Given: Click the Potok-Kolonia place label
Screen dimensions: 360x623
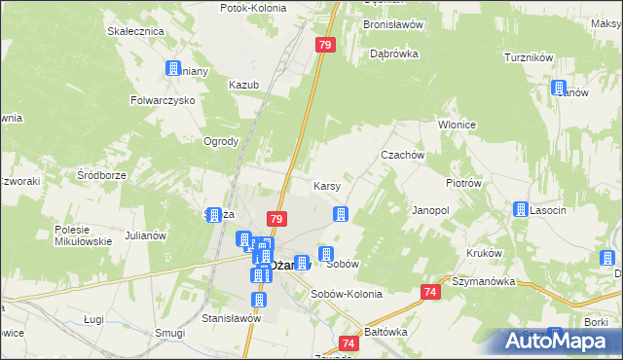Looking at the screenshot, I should click(x=252, y=7).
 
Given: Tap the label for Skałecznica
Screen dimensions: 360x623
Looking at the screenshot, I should click(x=134, y=31).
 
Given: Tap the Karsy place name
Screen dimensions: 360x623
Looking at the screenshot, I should click(x=325, y=185).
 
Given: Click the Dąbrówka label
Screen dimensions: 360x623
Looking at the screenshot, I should click(x=394, y=54).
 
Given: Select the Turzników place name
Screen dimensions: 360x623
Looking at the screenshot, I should click(x=529, y=58).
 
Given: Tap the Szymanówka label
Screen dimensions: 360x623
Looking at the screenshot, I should click(x=482, y=281).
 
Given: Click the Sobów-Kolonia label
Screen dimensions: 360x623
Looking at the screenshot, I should click(x=342, y=294).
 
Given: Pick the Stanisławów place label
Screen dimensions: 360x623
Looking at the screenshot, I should click(x=232, y=317).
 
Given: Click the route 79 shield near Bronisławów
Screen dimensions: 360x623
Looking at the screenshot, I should click(x=326, y=45).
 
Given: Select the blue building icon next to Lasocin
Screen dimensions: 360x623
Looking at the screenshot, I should click(x=521, y=209).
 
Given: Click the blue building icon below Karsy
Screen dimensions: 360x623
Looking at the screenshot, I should click(x=341, y=214).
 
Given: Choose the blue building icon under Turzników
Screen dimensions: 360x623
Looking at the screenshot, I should click(x=560, y=88).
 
